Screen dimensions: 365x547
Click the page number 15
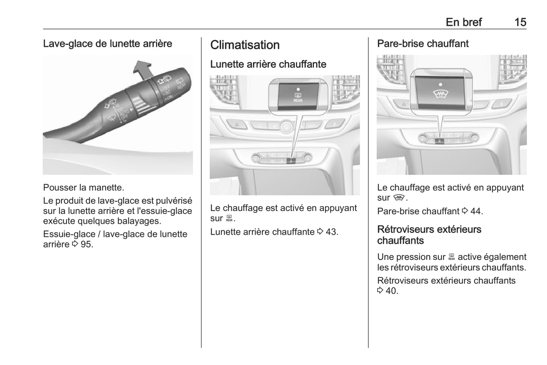pyautogui.click(x=520, y=22)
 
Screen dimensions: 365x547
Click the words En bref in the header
pyautogui.click(x=463, y=22)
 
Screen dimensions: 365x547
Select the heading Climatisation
pyautogui.click(x=245, y=45)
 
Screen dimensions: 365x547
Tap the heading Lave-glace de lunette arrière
pyautogui.click(x=108, y=43)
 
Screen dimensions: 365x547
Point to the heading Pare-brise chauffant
pyautogui.click(x=422, y=43)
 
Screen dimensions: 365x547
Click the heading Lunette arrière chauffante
pyautogui.click(x=268, y=64)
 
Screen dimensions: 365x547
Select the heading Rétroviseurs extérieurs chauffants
pyautogui.click(x=429, y=235)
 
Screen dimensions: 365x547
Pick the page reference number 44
pyautogui.click(x=476, y=211)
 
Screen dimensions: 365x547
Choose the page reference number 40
pyautogui.click(x=391, y=291)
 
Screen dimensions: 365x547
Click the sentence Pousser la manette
pyautogui.click(x=83, y=187)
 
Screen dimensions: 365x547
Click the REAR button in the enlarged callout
pyautogui.click(x=298, y=97)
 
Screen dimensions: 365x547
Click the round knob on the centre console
pyautogui.click(x=286, y=127)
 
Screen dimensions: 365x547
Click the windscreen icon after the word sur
pyautogui.click(x=399, y=197)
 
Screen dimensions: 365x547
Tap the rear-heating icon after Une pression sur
pyautogui.click(x=451, y=257)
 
